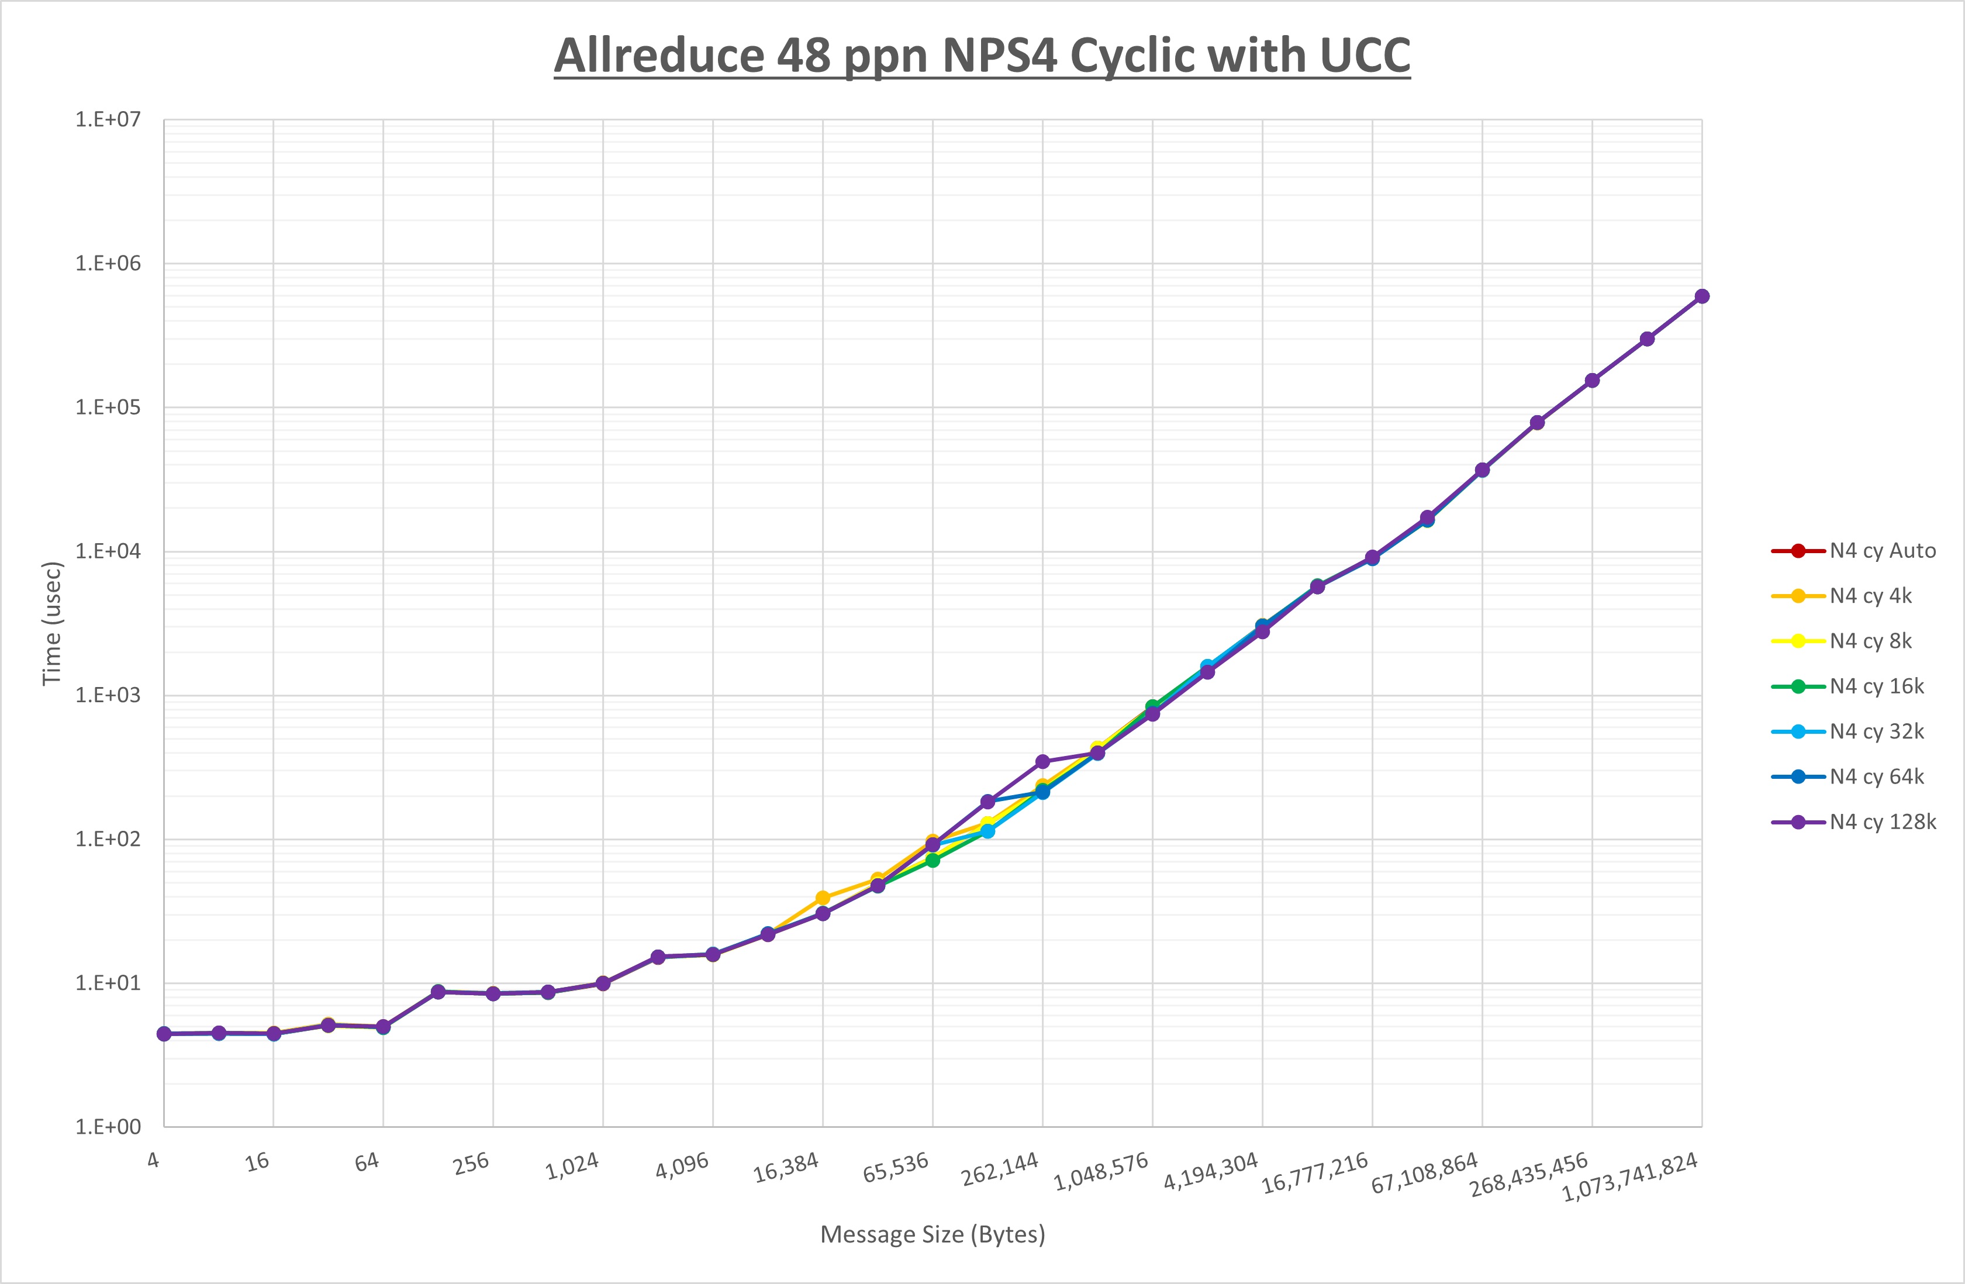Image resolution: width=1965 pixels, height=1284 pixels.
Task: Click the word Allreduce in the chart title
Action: click(659, 56)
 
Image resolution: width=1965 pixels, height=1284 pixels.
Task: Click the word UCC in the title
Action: click(1364, 56)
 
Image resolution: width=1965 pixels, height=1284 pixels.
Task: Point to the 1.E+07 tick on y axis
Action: click(108, 120)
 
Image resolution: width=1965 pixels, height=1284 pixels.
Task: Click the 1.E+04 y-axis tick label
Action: click(108, 551)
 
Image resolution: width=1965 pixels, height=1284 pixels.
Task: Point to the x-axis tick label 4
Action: click(154, 1160)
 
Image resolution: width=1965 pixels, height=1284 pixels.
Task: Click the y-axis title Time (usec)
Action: click(52, 623)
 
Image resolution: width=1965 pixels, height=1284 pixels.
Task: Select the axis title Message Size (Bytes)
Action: click(932, 1234)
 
